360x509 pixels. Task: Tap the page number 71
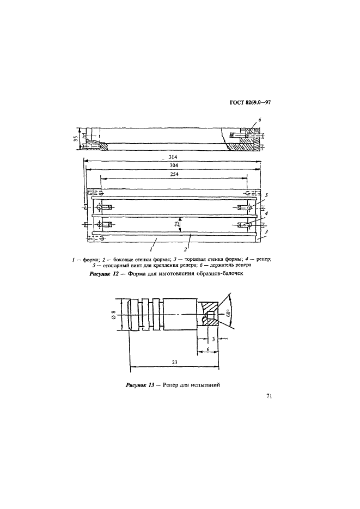pyautogui.click(x=269, y=396)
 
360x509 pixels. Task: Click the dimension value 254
pyautogui.click(x=174, y=175)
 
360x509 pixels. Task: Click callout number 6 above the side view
pyautogui.click(x=260, y=119)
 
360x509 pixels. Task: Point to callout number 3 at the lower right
pyautogui.click(x=266, y=231)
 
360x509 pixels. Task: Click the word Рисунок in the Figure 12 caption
pyautogui.click(x=101, y=274)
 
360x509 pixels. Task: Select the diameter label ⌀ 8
pyautogui.click(x=113, y=314)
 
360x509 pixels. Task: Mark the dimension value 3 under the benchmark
pyautogui.click(x=213, y=339)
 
